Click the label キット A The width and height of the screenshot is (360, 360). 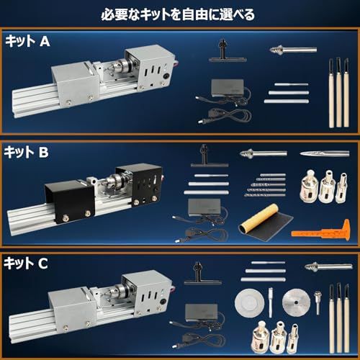click(x=27, y=42)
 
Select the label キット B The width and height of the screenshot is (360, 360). click(x=27, y=152)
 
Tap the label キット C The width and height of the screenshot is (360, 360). click(x=27, y=263)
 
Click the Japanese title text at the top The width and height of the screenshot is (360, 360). click(x=179, y=13)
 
